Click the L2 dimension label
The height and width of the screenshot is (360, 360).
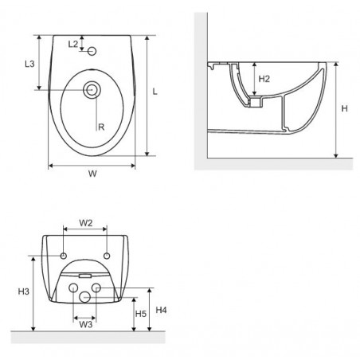pyautogui.click(x=73, y=44)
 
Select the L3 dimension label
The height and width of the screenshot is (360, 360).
pyautogui.click(x=29, y=64)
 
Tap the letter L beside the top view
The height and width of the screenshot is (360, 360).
pyautogui.click(x=155, y=92)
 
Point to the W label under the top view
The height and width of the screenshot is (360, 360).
pyautogui.click(x=92, y=174)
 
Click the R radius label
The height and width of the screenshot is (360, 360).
pyautogui.click(x=101, y=127)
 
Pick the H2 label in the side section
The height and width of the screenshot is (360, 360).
pyautogui.click(x=264, y=79)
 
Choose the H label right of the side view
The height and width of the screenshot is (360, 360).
pyautogui.click(x=344, y=108)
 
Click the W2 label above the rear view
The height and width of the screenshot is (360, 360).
pyautogui.click(x=86, y=223)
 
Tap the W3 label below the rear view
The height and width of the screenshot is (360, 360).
pyautogui.click(x=86, y=324)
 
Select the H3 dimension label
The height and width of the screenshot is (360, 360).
pyautogui.click(x=24, y=292)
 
